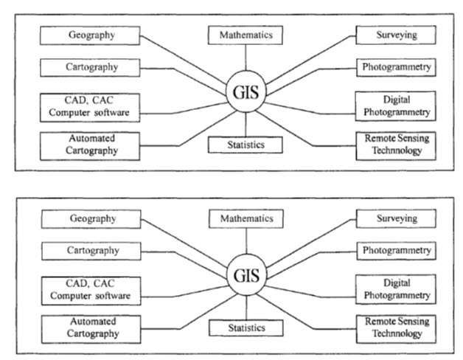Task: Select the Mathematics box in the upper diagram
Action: pos(246,35)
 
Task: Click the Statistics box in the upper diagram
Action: pos(246,144)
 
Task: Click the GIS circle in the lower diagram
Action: pos(245,276)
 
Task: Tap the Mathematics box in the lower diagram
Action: pos(246,219)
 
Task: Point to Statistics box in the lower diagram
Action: pos(246,327)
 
